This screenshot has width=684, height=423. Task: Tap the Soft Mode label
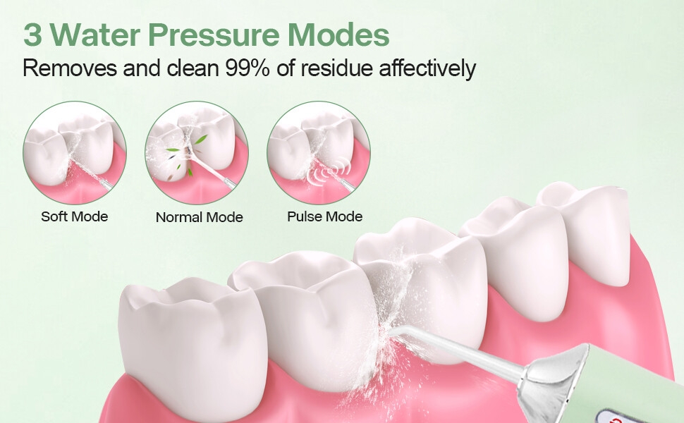[74, 216]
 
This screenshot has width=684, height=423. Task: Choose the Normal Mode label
[199, 217]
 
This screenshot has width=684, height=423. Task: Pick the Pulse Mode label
[324, 216]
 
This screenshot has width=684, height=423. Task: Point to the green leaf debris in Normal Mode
[201, 140]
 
